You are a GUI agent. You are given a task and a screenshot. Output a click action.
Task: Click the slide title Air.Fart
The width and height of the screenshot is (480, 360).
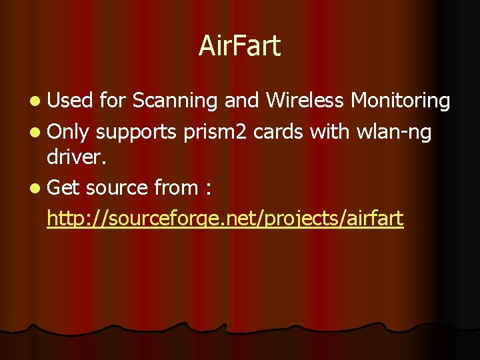click(x=240, y=47)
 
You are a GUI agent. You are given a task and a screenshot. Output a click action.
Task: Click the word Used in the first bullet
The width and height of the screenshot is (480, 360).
click(x=70, y=101)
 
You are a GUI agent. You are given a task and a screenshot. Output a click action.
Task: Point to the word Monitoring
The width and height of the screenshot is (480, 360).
click(x=401, y=101)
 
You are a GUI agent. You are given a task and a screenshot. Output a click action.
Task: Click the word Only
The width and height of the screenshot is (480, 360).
click(x=69, y=132)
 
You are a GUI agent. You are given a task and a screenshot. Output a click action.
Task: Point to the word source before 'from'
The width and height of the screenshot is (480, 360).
click(x=117, y=189)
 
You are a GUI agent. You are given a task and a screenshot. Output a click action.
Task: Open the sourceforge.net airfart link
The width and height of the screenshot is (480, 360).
click(x=225, y=218)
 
